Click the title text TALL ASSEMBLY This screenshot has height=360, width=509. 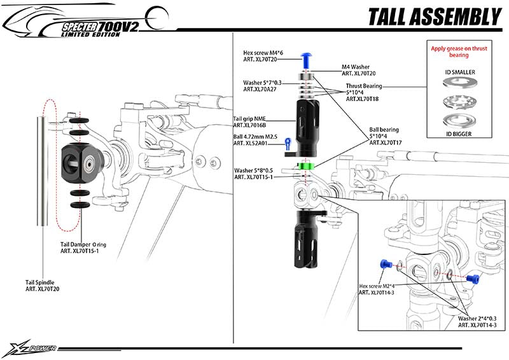[x=434, y=17]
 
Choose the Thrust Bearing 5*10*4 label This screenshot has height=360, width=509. [x=366, y=92]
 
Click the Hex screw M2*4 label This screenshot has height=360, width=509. [x=380, y=289]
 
